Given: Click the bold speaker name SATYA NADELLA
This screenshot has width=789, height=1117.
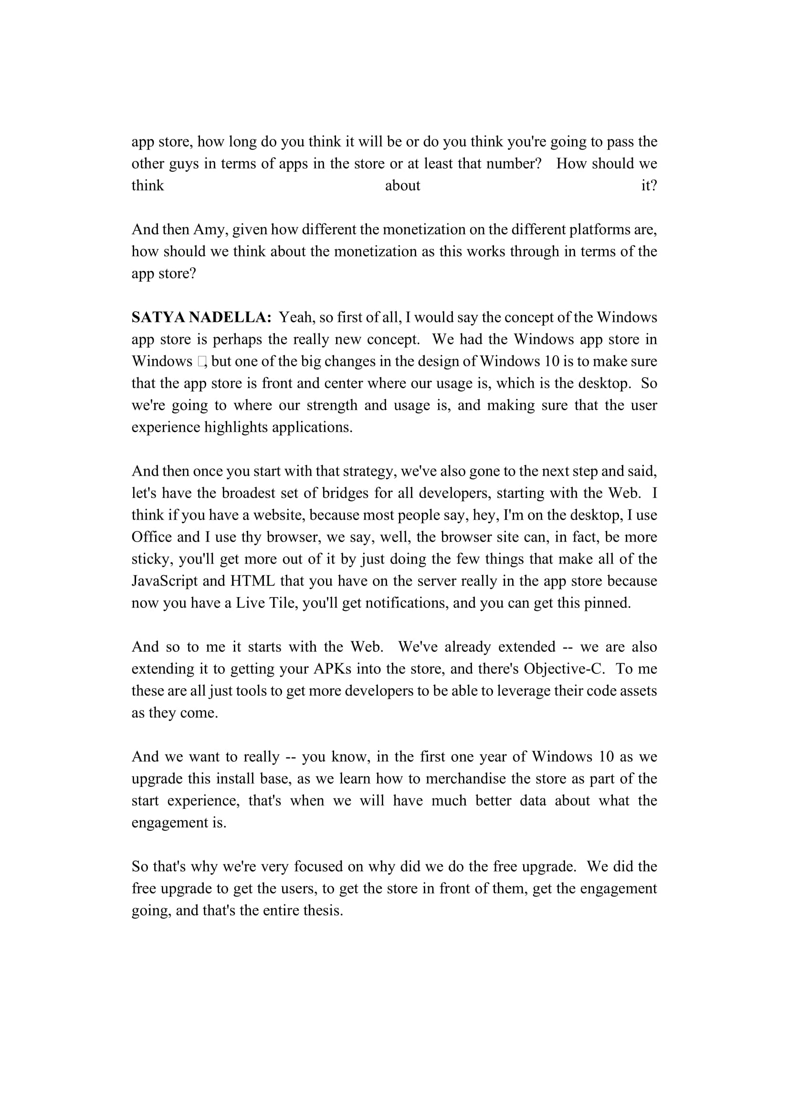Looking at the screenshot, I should pyautogui.click(x=201, y=318).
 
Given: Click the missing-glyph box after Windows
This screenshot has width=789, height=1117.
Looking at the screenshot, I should pyautogui.click(x=202, y=362).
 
